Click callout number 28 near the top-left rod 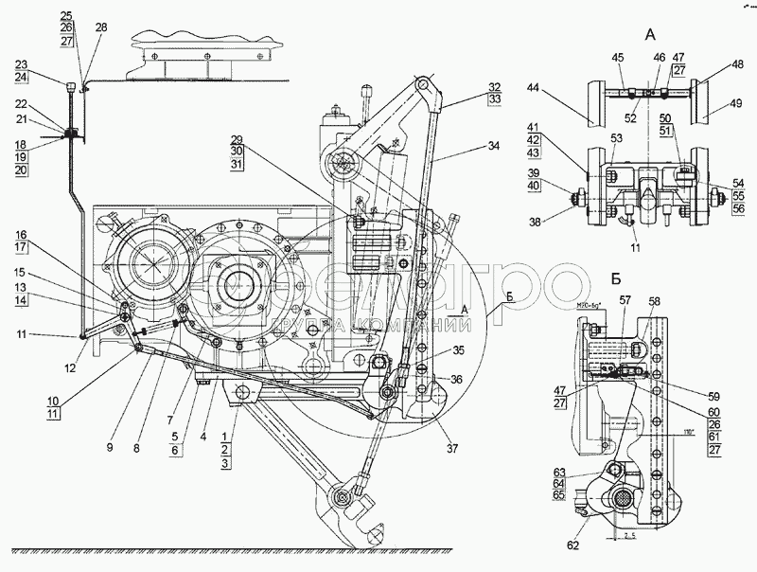click(x=101, y=27)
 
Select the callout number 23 click(x=22, y=64)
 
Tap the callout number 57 click(x=625, y=301)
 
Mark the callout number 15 click(x=19, y=273)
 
